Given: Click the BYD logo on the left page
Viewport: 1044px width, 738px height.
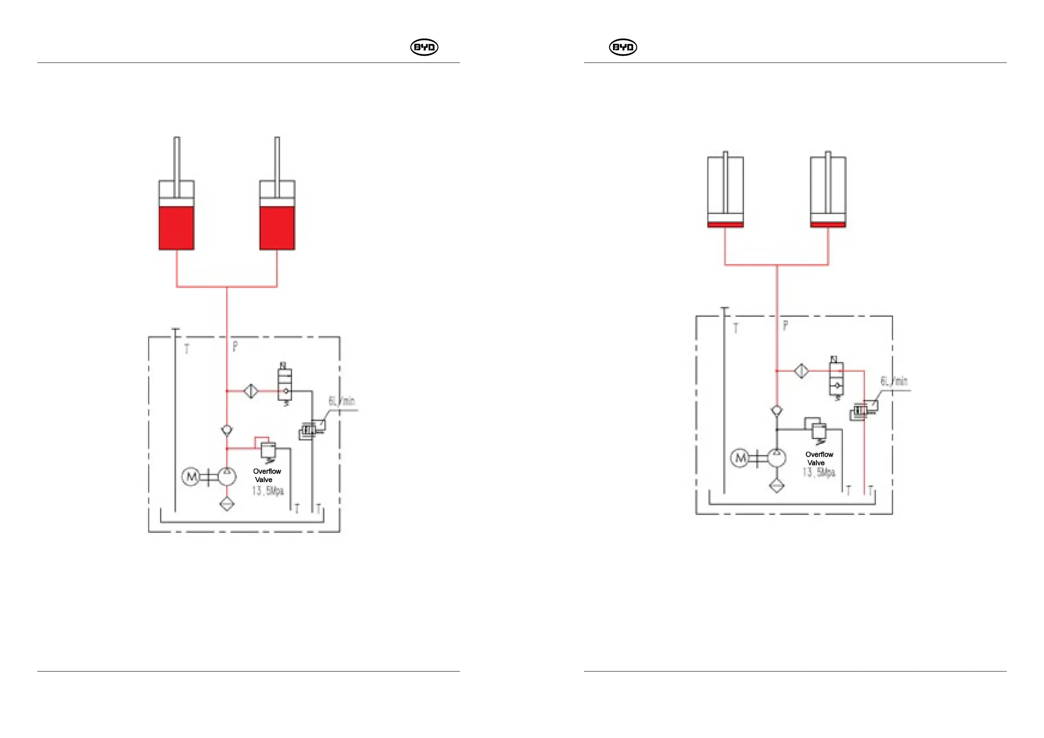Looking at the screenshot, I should click(424, 47).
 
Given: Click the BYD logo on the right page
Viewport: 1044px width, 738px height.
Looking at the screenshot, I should click(623, 47).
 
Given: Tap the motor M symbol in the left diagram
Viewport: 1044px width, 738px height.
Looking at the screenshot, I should click(191, 477).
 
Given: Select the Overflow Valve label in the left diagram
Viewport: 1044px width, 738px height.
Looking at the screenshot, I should click(267, 475).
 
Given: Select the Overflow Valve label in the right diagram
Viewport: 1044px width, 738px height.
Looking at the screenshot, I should click(819, 458).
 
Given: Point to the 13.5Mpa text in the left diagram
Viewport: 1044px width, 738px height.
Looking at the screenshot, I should click(268, 491).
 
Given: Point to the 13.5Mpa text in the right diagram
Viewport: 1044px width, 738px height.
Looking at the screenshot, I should click(819, 472).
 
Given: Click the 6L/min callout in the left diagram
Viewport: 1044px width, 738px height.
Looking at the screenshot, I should click(342, 401).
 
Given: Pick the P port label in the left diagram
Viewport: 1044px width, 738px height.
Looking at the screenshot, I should click(235, 346).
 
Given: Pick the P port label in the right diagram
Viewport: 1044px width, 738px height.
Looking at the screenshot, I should click(785, 325).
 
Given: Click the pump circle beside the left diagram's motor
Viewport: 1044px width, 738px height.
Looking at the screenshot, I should click(227, 477).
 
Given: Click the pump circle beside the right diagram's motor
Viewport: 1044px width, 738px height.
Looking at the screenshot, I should click(777, 458).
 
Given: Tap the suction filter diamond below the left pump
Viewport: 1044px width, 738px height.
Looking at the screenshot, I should click(227, 504).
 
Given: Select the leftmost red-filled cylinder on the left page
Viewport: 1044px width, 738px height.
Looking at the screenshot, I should click(176, 216).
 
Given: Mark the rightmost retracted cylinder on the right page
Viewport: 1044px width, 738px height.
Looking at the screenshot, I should click(828, 192).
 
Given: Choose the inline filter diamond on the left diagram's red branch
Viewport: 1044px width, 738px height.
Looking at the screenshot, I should click(251, 391).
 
